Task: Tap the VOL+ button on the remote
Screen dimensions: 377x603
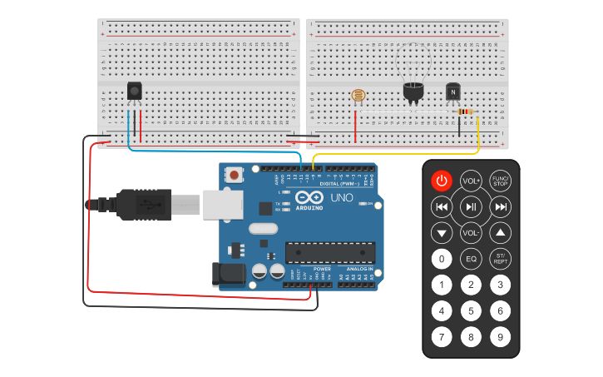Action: click(x=471, y=181)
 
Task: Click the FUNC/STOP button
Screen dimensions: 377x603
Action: click(x=500, y=181)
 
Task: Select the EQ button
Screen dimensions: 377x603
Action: click(x=471, y=259)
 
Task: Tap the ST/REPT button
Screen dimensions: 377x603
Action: click(x=500, y=259)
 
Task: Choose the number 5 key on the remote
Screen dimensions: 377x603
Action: click(x=471, y=311)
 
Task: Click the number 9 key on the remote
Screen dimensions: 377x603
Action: click(x=500, y=337)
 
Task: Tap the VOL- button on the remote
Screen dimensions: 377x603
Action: click(x=471, y=233)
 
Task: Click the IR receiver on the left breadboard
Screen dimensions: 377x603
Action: click(x=134, y=91)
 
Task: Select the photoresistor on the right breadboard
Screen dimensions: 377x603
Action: click(x=358, y=96)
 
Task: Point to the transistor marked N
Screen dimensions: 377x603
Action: click(x=453, y=91)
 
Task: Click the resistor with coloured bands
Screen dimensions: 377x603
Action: click(x=465, y=112)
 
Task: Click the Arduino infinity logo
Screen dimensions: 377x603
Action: click(x=304, y=200)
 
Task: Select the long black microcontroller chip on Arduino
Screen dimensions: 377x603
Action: click(x=329, y=251)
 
